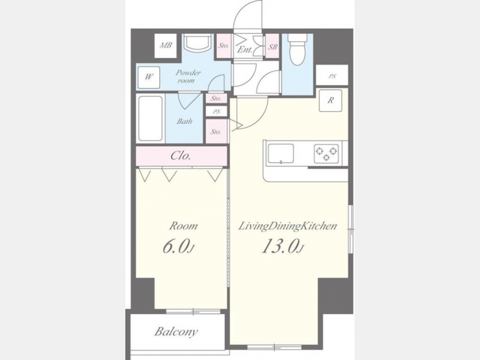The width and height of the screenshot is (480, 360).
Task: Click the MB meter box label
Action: click(x=166, y=45)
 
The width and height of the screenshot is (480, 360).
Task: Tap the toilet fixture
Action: click(x=296, y=49)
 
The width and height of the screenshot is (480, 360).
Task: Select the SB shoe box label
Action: click(x=273, y=46)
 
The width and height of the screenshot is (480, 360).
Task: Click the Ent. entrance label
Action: click(x=245, y=50)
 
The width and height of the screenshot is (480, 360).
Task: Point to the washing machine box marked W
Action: click(x=148, y=77)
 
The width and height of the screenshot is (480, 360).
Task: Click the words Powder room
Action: click(x=188, y=76)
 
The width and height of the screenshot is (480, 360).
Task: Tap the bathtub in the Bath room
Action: click(x=150, y=118)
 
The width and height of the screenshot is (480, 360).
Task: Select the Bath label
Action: click(x=185, y=121)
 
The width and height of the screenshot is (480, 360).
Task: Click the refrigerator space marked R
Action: click(x=330, y=100)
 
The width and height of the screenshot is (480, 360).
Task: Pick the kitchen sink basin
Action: click(x=281, y=154)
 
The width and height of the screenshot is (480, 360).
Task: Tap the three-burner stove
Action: click(x=326, y=154)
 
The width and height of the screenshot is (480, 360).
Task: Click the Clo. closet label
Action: click(x=181, y=156)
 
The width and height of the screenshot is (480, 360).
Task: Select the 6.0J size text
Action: click(x=178, y=247)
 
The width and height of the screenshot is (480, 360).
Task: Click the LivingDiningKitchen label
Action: click(x=287, y=227)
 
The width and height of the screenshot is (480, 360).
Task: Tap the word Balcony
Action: click(x=176, y=332)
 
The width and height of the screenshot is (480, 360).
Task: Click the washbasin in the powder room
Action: click(x=197, y=43)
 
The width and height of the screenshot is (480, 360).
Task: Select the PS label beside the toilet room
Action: click(x=332, y=76)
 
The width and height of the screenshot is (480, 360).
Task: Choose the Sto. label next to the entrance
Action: click(x=223, y=46)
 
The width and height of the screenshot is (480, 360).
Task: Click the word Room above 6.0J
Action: click(x=183, y=226)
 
